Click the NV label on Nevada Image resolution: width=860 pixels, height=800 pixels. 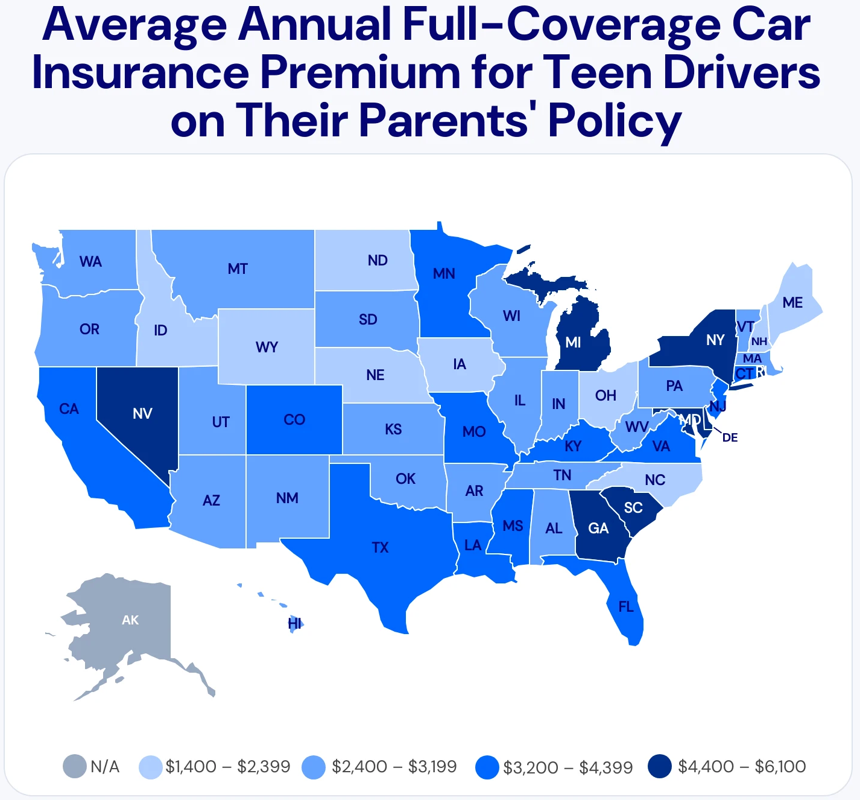(x=142, y=413)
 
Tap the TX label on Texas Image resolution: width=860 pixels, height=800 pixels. (x=380, y=548)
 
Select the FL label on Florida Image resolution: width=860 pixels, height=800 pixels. (x=626, y=607)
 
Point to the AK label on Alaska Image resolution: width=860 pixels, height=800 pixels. (x=130, y=620)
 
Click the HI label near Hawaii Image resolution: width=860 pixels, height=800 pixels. (x=294, y=624)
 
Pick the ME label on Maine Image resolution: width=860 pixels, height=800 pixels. (x=792, y=302)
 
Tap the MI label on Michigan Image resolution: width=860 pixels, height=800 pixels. (x=573, y=342)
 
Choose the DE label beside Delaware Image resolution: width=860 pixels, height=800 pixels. (x=730, y=437)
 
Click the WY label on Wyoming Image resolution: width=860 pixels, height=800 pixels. (x=267, y=347)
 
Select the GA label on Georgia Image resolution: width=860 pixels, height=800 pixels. (x=598, y=529)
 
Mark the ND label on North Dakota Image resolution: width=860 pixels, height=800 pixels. (x=378, y=261)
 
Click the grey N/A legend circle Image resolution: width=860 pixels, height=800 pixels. (x=75, y=767)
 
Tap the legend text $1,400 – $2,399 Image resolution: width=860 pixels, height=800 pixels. (x=228, y=767)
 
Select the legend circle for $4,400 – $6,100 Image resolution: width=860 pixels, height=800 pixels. (x=660, y=766)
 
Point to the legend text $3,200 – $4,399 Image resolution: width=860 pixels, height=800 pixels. (x=568, y=767)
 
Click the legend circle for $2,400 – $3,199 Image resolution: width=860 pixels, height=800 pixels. (x=314, y=767)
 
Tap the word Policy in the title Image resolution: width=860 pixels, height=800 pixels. (x=615, y=121)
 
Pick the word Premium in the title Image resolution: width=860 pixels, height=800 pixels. (x=360, y=72)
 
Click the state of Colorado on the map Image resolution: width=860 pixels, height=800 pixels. (x=294, y=419)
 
